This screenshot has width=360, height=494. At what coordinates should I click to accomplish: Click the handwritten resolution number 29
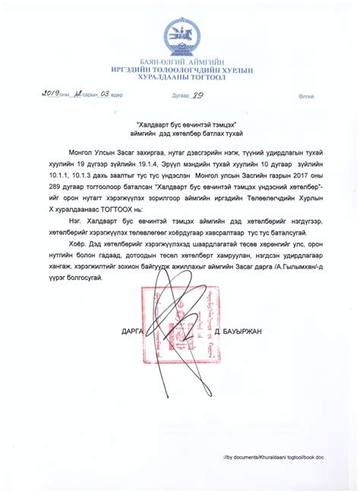click(201, 96)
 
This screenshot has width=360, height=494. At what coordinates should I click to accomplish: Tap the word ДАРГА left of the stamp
click(134, 331)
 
